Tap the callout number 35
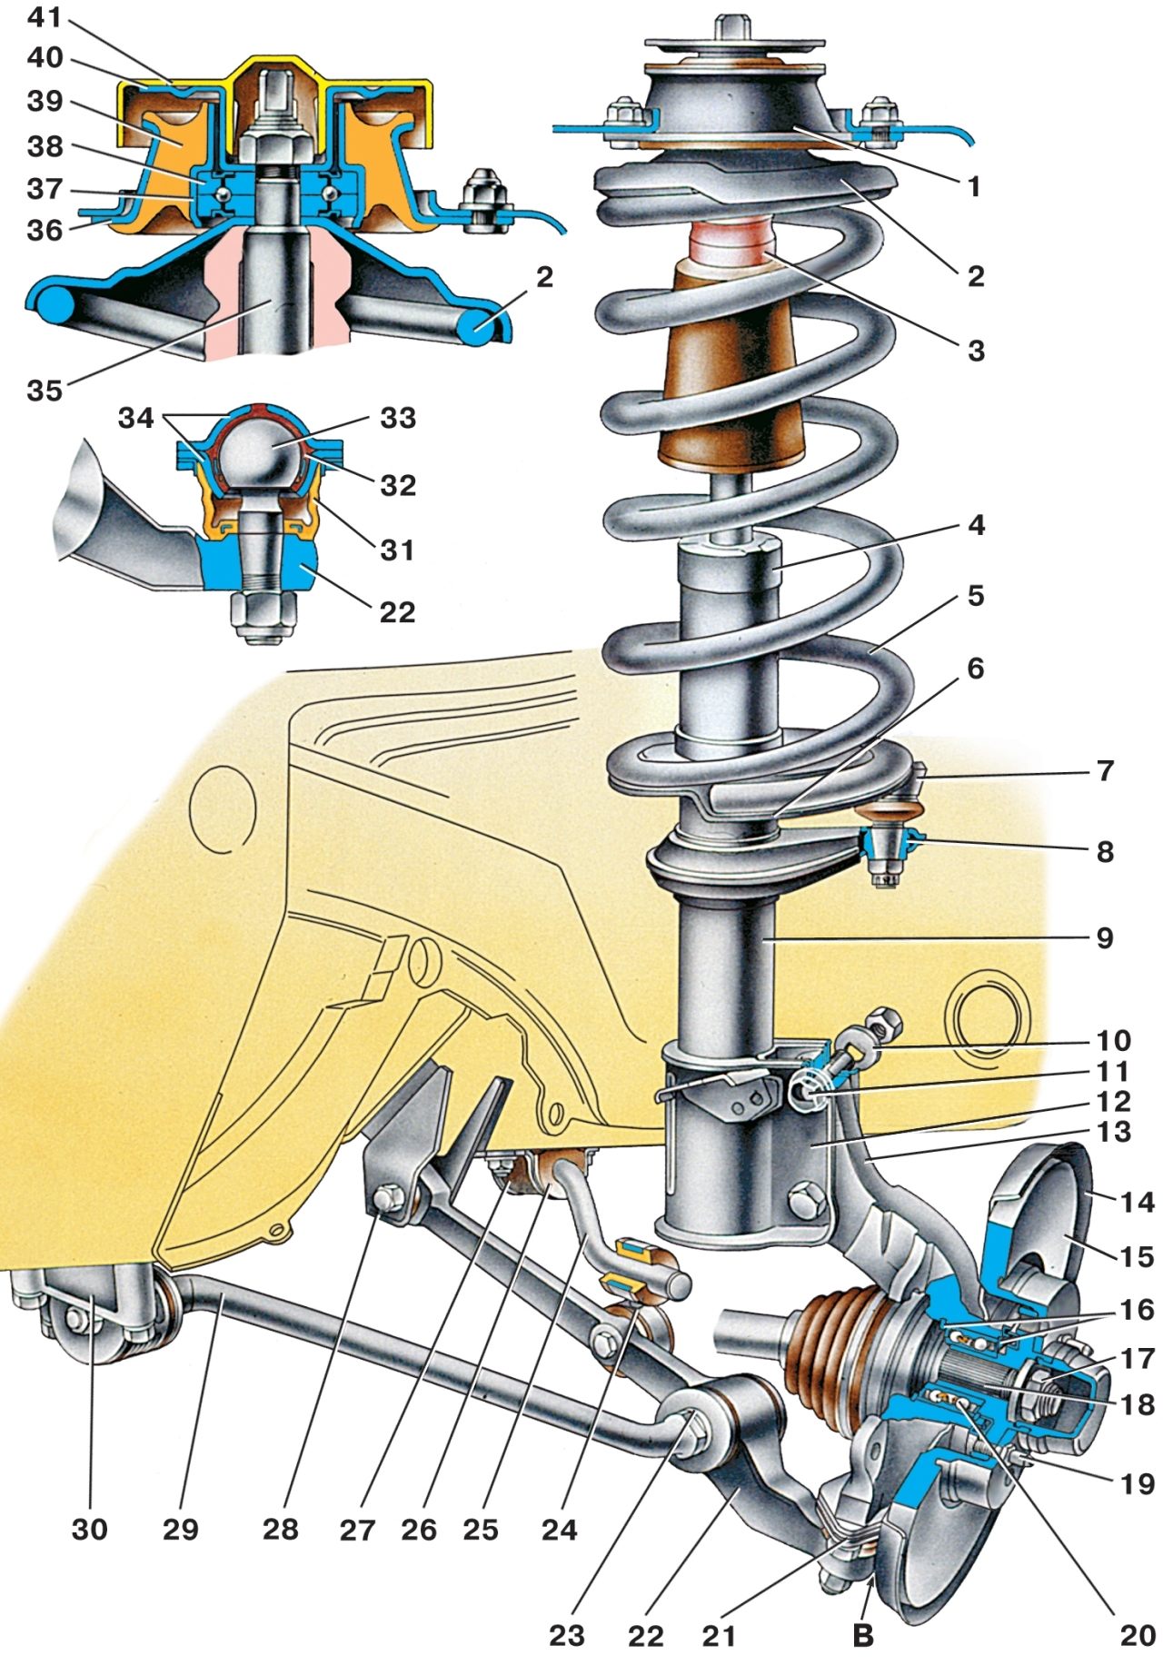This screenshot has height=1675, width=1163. pyautogui.click(x=44, y=391)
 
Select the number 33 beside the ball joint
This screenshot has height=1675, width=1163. pyautogui.click(x=398, y=418)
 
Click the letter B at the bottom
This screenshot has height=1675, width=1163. pyautogui.click(x=862, y=1635)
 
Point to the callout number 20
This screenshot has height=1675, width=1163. pyautogui.click(x=1137, y=1635)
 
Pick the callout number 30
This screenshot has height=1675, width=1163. pyautogui.click(x=89, y=1530)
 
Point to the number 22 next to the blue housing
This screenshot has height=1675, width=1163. pyautogui.click(x=397, y=612)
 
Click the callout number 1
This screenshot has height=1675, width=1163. pyautogui.click(x=975, y=187)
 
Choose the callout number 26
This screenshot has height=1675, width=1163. pyautogui.click(x=419, y=1530)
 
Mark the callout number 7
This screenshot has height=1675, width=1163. pyautogui.click(x=1105, y=771)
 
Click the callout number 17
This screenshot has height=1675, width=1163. pyautogui.click(x=1136, y=1359)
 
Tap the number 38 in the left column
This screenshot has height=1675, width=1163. pyautogui.click(x=44, y=146)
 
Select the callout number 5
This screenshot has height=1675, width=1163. pyautogui.click(x=975, y=597)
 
